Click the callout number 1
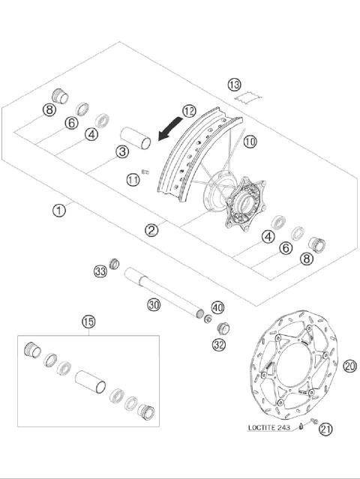(x=58, y=210)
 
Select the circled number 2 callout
(x=152, y=230)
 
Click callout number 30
(x=153, y=304)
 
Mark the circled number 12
(x=188, y=112)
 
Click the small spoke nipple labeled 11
(x=146, y=174)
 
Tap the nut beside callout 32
(x=223, y=328)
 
